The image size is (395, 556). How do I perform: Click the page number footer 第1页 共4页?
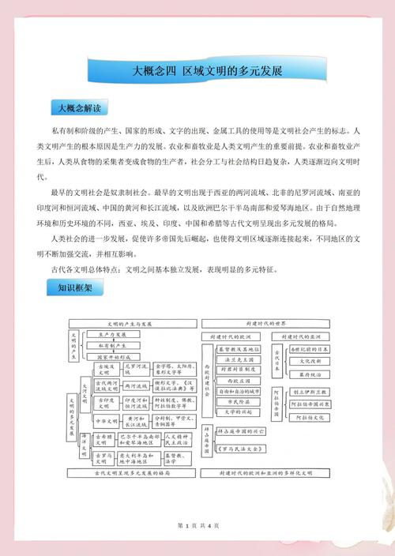point(197,525)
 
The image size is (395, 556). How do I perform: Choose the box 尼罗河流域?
point(136,369)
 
